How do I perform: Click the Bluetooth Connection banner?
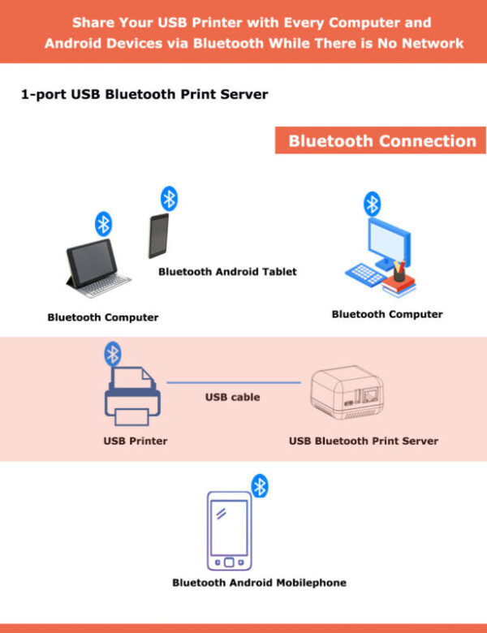coord(381,140)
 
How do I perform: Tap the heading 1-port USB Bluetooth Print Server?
coord(144,94)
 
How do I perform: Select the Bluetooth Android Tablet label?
coord(227,272)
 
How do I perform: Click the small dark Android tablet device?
coord(158,235)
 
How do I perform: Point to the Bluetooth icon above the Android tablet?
coord(169,198)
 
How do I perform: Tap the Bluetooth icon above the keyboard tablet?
coord(103,223)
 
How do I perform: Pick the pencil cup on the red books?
coord(399,270)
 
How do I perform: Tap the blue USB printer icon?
coord(132,398)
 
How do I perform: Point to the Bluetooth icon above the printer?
coord(113,353)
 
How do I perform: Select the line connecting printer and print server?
coord(235,382)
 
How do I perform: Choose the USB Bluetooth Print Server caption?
coord(363,441)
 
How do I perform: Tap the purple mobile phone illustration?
coord(229,531)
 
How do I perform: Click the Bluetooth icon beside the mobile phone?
coord(259,486)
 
